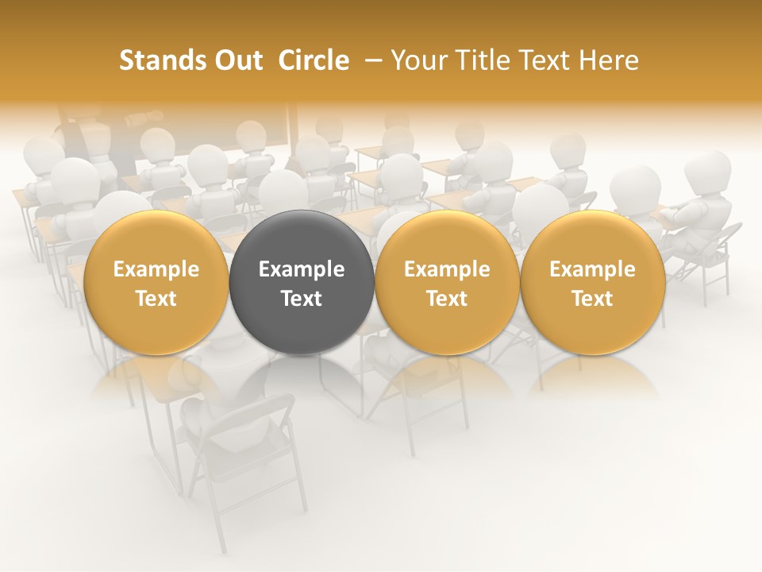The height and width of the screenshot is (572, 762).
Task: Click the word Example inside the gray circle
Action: pyautogui.click(x=302, y=269)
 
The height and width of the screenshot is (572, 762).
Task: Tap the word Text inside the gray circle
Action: pyautogui.click(x=302, y=299)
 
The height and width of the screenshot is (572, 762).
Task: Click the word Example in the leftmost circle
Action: pyautogui.click(x=156, y=269)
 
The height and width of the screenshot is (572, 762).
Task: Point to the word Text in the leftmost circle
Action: pyautogui.click(x=156, y=299)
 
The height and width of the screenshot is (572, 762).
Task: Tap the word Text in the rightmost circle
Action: pyautogui.click(x=593, y=299)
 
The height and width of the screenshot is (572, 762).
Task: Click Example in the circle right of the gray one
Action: pyautogui.click(x=447, y=269)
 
